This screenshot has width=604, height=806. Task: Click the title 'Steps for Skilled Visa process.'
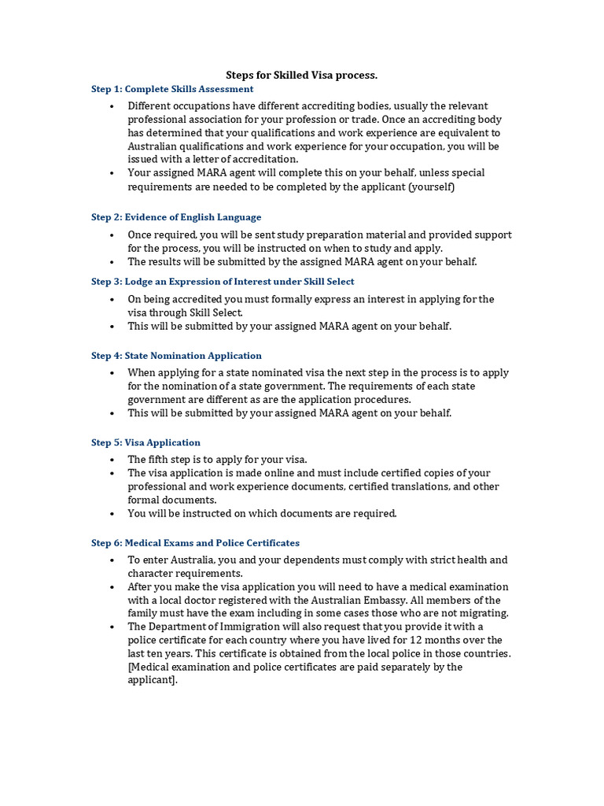(302, 75)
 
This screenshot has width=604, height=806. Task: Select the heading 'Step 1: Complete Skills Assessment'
(172, 89)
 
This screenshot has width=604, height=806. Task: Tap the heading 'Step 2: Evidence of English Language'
(176, 217)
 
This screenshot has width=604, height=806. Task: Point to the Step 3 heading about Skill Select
(223, 281)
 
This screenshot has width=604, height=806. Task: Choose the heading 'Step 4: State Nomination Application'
(176, 356)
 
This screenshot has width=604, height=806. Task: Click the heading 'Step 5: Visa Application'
(145, 442)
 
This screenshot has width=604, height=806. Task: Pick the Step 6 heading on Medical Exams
(195, 543)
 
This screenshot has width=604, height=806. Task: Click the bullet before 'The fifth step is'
(113, 459)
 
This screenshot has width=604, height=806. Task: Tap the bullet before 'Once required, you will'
(113, 235)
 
